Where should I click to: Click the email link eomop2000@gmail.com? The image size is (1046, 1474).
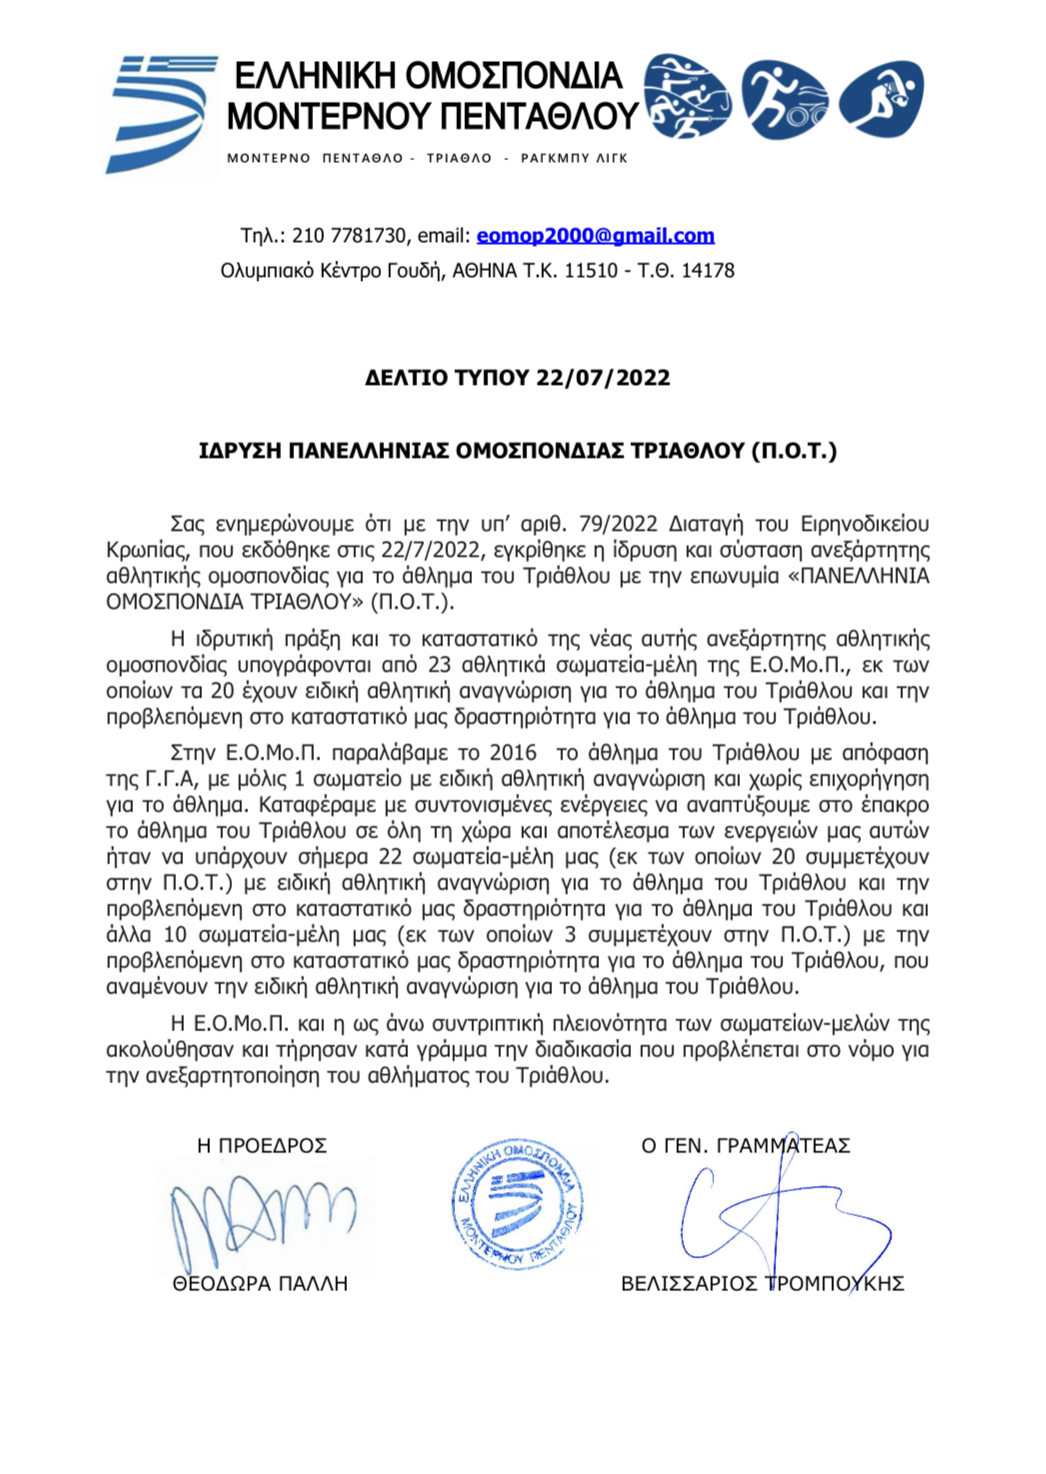pos(595,236)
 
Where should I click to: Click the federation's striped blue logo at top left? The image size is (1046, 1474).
pos(160,112)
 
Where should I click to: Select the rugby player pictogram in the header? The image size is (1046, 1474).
pos(881,98)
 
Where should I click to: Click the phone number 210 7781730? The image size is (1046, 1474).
pos(350,236)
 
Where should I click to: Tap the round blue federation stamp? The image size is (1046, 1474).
pos(517,1205)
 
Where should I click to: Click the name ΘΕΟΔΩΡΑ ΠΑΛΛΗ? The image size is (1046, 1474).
pos(260,1284)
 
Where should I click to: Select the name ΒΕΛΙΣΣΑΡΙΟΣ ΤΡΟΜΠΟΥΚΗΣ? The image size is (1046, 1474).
pos(762,1284)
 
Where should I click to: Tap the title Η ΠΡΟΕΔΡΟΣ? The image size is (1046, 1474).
pos(262,1146)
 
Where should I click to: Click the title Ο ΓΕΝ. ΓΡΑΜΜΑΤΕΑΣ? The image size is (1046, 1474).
pos(745,1146)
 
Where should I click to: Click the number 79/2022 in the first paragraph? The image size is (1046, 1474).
pos(619,524)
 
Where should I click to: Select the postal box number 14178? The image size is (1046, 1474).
pos(707,271)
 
